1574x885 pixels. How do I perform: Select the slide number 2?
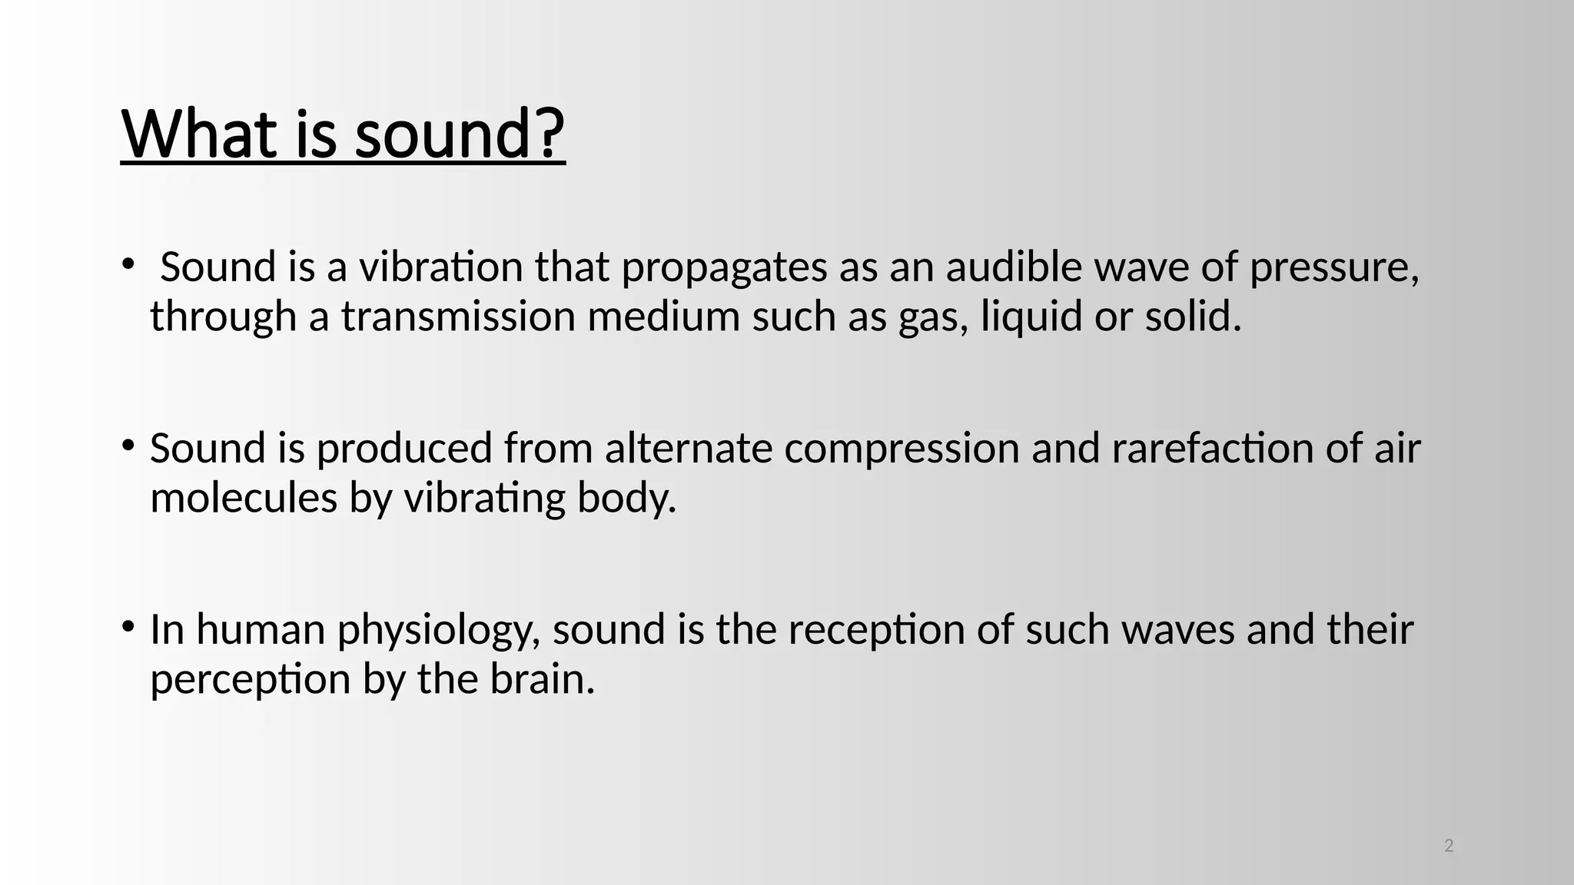pyautogui.click(x=1449, y=846)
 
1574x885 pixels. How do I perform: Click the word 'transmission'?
pyautogui.click(x=458, y=317)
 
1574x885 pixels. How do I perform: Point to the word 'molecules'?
pyautogui.click(x=244, y=498)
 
